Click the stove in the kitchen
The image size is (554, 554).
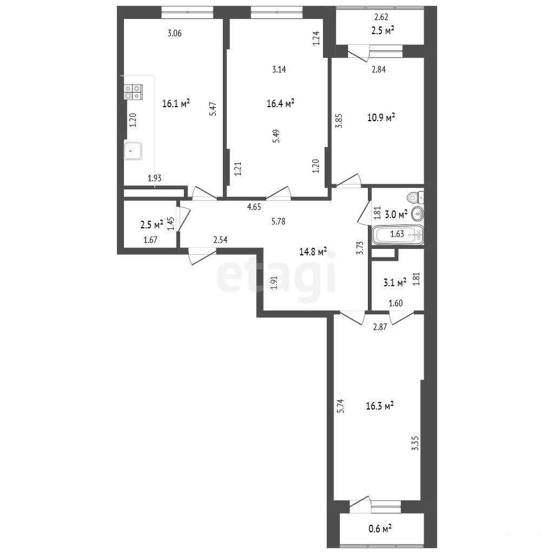[x=133, y=92]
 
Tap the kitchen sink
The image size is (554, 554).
[x=133, y=151]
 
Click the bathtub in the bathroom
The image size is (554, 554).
[x=398, y=234]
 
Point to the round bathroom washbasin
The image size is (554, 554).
[x=418, y=214]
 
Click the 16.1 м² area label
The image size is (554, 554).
[x=176, y=103]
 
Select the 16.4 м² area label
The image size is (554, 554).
[x=281, y=103]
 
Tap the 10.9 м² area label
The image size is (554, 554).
[x=381, y=117]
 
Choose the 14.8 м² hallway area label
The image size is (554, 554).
[x=313, y=252]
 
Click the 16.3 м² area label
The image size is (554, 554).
[x=380, y=406]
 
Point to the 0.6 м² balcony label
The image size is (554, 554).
[x=380, y=529]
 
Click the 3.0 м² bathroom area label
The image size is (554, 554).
[x=396, y=214]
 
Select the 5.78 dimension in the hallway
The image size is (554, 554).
[x=279, y=221]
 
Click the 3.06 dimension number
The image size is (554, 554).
[x=175, y=33]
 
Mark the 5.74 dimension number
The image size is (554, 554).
[x=340, y=406]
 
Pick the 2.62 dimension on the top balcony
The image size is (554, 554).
[x=381, y=17]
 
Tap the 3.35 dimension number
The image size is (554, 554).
[x=415, y=443]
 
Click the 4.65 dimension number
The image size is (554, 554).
[x=254, y=207]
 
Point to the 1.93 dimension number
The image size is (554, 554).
[x=154, y=178]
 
